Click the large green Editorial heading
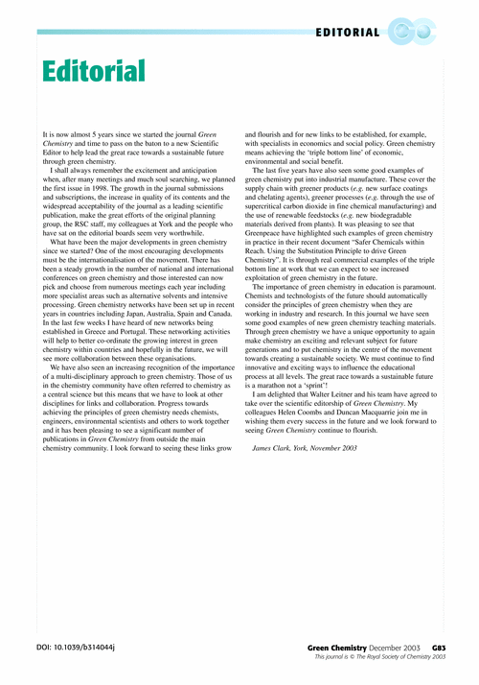[x=94, y=70]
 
